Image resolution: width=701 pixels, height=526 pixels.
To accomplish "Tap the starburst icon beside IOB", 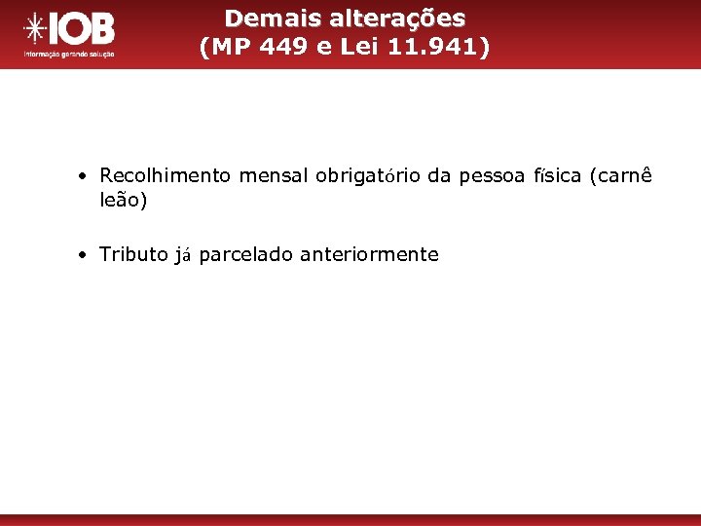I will (x=36, y=29).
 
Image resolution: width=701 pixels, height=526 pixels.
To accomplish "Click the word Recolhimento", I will (x=166, y=176).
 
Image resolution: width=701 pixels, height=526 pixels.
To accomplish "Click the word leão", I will (x=122, y=200).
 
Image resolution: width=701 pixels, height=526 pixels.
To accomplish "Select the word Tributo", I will (x=134, y=255).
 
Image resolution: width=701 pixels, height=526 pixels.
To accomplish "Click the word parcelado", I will (x=246, y=255).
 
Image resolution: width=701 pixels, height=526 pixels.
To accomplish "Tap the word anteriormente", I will (x=370, y=255).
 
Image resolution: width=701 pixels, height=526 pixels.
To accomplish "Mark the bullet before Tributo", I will (x=86, y=256).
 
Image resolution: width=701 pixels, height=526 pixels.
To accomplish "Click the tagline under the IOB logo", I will (x=69, y=54).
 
